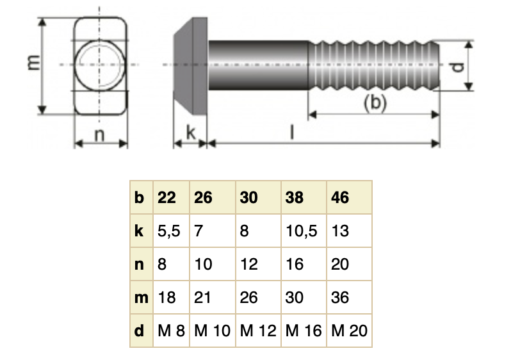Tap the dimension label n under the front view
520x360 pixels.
100,135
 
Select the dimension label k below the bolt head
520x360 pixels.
191,133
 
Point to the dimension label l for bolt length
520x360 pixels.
291,132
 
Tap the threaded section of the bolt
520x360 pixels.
374,65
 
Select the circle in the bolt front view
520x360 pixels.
99,65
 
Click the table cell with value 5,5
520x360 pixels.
169,231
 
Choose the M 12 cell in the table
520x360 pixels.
257,331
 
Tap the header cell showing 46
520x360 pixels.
341,197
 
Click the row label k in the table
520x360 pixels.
140,231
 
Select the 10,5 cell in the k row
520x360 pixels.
302,231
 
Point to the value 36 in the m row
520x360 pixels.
341,297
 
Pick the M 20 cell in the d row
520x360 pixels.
350,331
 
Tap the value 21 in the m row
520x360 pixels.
203,297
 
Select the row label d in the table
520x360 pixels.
140,331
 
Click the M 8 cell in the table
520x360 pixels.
170,331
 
